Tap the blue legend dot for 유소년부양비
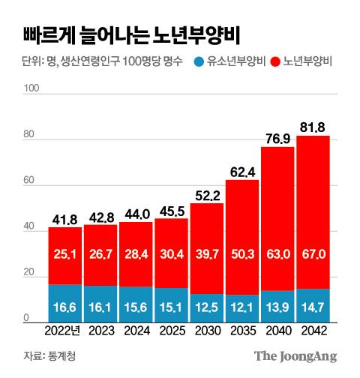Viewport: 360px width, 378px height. (x=199, y=61)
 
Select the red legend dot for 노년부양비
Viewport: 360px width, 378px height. (x=275, y=61)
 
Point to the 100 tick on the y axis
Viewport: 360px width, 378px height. (x=31, y=88)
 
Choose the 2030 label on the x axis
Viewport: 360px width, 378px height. (x=207, y=330)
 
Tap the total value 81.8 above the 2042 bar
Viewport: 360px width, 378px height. (x=313, y=126)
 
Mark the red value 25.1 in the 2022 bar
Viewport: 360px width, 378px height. (x=64, y=256)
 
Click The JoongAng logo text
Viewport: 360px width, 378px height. (x=295, y=355)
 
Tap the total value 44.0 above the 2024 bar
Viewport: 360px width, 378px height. (x=136, y=213)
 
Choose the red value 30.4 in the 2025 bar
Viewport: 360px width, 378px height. (x=171, y=256)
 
